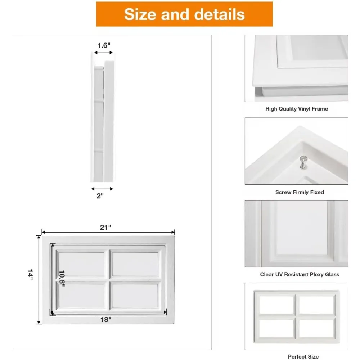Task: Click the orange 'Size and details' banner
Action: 184,14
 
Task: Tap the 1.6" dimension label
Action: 104,45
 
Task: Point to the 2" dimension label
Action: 100,195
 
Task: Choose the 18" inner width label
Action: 106,319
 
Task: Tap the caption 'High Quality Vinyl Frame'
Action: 297,108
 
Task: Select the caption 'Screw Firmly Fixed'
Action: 300,192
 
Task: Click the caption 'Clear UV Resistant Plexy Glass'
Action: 300,274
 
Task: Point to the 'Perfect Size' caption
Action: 303,356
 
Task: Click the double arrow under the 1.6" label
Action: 104,53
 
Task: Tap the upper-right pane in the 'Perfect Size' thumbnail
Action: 316,305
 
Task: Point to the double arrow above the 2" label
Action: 102,189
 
